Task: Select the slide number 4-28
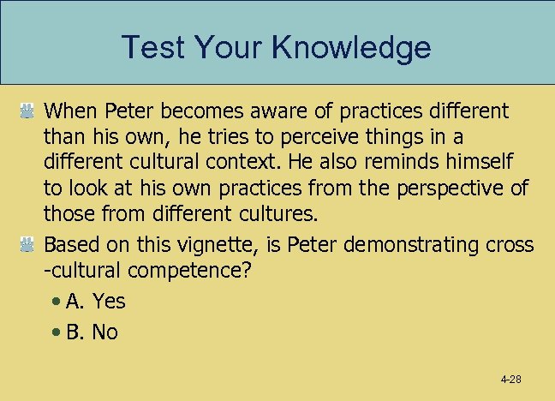click(512, 379)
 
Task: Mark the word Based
click(70, 245)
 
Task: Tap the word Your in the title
click(227, 47)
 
